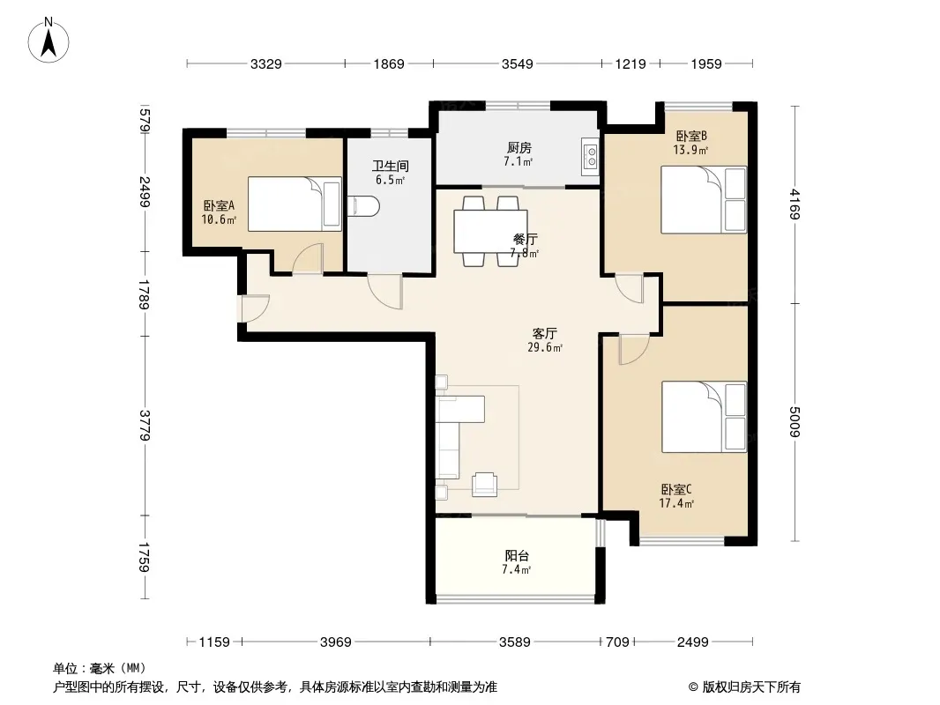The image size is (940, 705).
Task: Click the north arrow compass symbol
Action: tap(48, 41)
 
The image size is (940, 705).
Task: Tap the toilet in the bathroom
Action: tap(364, 206)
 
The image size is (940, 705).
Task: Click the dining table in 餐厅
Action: tap(491, 231)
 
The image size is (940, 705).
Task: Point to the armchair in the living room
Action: tap(484, 485)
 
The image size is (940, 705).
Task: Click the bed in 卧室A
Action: tap(295, 204)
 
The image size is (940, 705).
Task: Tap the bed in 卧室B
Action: tap(704, 199)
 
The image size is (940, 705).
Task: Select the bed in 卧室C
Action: tap(705, 417)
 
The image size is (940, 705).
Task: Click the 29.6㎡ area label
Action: tap(545, 347)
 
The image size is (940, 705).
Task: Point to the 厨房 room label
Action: tap(519, 147)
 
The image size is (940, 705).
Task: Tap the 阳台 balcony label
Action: tap(517, 556)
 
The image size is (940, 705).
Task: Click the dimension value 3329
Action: tap(265, 63)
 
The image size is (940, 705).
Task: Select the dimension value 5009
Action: tap(795, 422)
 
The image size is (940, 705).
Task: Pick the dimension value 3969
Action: tap(335, 642)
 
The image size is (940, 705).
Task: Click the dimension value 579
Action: tap(145, 120)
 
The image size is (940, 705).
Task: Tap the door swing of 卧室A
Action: tap(308, 259)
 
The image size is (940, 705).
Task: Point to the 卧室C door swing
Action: tap(634, 350)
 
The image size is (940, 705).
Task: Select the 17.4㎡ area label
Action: tap(676, 504)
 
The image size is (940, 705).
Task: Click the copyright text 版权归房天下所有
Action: tap(751, 687)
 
